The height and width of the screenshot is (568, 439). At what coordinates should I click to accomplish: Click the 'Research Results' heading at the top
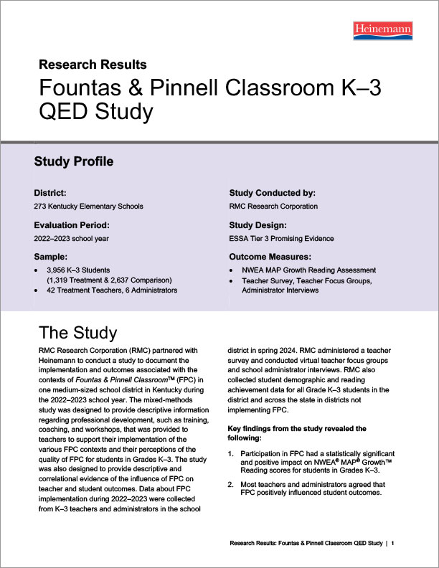[x=93, y=65]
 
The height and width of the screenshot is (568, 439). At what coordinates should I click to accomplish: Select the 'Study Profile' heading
[x=74, y=162]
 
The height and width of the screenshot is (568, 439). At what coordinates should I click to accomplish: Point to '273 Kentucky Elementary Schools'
[x=88, y=207]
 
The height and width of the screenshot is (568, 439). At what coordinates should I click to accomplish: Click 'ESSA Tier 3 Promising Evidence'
[x=281, y=238]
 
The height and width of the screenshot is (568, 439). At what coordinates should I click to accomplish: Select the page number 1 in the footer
[x=393, y=545]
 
